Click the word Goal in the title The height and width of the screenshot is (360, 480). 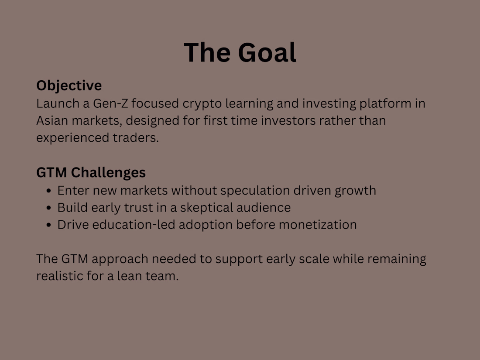coord(267,53)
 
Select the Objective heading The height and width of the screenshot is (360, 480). coord(69,86)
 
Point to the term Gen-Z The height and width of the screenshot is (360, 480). coord(110,103)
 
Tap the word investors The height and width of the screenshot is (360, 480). coord(288,120)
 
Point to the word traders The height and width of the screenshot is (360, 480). coord(136,138)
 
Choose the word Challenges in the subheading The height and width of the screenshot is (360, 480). coord(108,173)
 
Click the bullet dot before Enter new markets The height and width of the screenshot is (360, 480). coord(49,191)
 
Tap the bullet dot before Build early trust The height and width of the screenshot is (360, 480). coord(49,208)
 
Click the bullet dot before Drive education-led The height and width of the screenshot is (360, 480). coord(49,225)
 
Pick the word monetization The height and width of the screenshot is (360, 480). coord(318,225)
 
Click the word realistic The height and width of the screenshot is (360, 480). coord(60,276)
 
